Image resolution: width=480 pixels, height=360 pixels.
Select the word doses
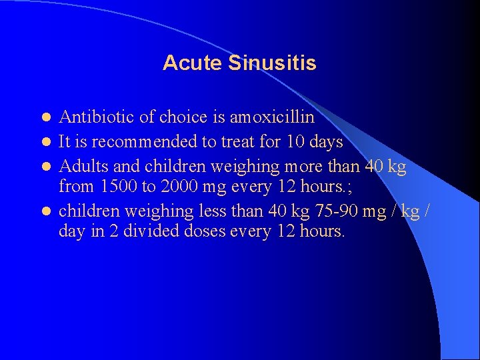199,232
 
